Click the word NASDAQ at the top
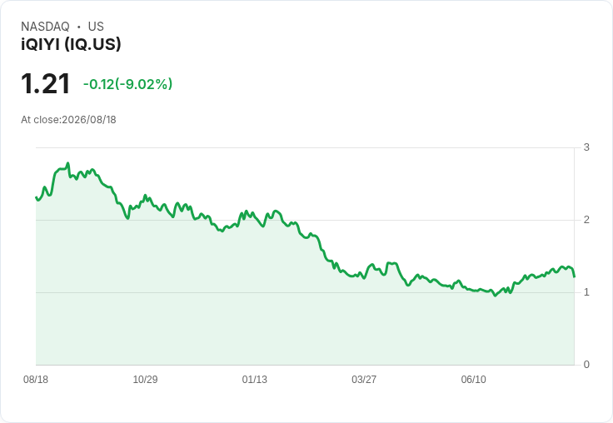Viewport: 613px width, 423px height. pyautogui.click(x=45, y=27)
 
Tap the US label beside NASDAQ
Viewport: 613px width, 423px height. pyautogui.click(x=96, y=27)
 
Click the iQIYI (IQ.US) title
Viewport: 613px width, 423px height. pyautogui.click(x=71, y=44)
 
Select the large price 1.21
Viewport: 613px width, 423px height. pyautogui.click(x=45, y=83)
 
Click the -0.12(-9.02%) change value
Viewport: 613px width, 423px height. pyautogui.click(x=127, y=84)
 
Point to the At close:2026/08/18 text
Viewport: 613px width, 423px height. pyautogui.click(x=68, y=120)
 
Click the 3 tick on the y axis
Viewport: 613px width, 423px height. pyautogui.click(x=586, y=147)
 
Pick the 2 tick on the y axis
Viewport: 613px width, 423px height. pyautogui.click(x=586, y=220)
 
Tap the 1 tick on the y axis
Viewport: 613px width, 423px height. pyautogui.click(x=586, y=292)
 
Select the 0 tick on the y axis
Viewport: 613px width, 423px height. pyautogui.click(x=586, y=365)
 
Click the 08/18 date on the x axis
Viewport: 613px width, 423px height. pyautogui.click(x=36, y=379)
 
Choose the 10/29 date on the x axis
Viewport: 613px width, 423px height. pyautogui.click(x=145, y=379)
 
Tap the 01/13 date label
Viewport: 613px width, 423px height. pyautogui.click(x=255, y=379)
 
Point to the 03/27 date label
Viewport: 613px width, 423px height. pyautogui.click(x=364, y=379)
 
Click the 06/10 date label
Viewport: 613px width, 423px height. pyautogui.click(x=473, y=379)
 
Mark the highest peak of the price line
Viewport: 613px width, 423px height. pyautogui.click(x=68, y=163)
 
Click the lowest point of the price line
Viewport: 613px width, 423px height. pyautogui.click(x=495, y=296)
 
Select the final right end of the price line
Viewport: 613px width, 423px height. pyautogui.click(x=574, y=276)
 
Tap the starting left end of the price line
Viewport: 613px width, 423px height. pyautogui.click(x=36, y=197)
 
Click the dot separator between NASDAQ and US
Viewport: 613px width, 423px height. pyautogui.click(x=78, y=27)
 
